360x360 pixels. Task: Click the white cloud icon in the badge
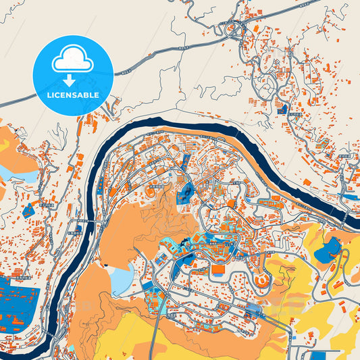pos(72,61)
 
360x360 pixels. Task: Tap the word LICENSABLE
pos(72,95)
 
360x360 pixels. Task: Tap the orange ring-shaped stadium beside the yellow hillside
pos(260,277)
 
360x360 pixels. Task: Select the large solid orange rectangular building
pos(217,269)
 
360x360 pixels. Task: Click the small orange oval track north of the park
pos(150,194)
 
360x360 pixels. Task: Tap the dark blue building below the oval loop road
pos(283,107)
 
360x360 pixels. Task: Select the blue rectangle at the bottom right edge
pos(324,354)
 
